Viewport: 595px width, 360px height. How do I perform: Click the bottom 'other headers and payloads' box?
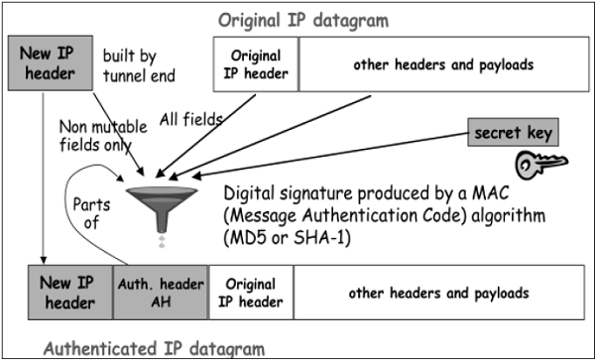tap(436, 294)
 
